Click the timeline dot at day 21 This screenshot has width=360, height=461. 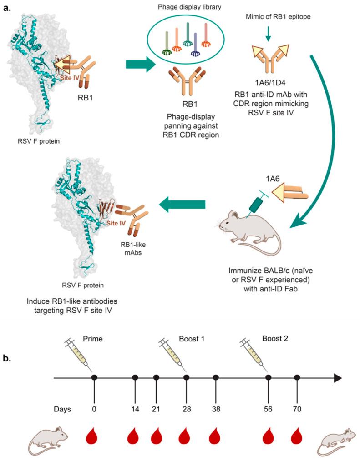tap(156, 377)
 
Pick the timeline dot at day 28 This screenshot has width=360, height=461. tap(186, 377)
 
